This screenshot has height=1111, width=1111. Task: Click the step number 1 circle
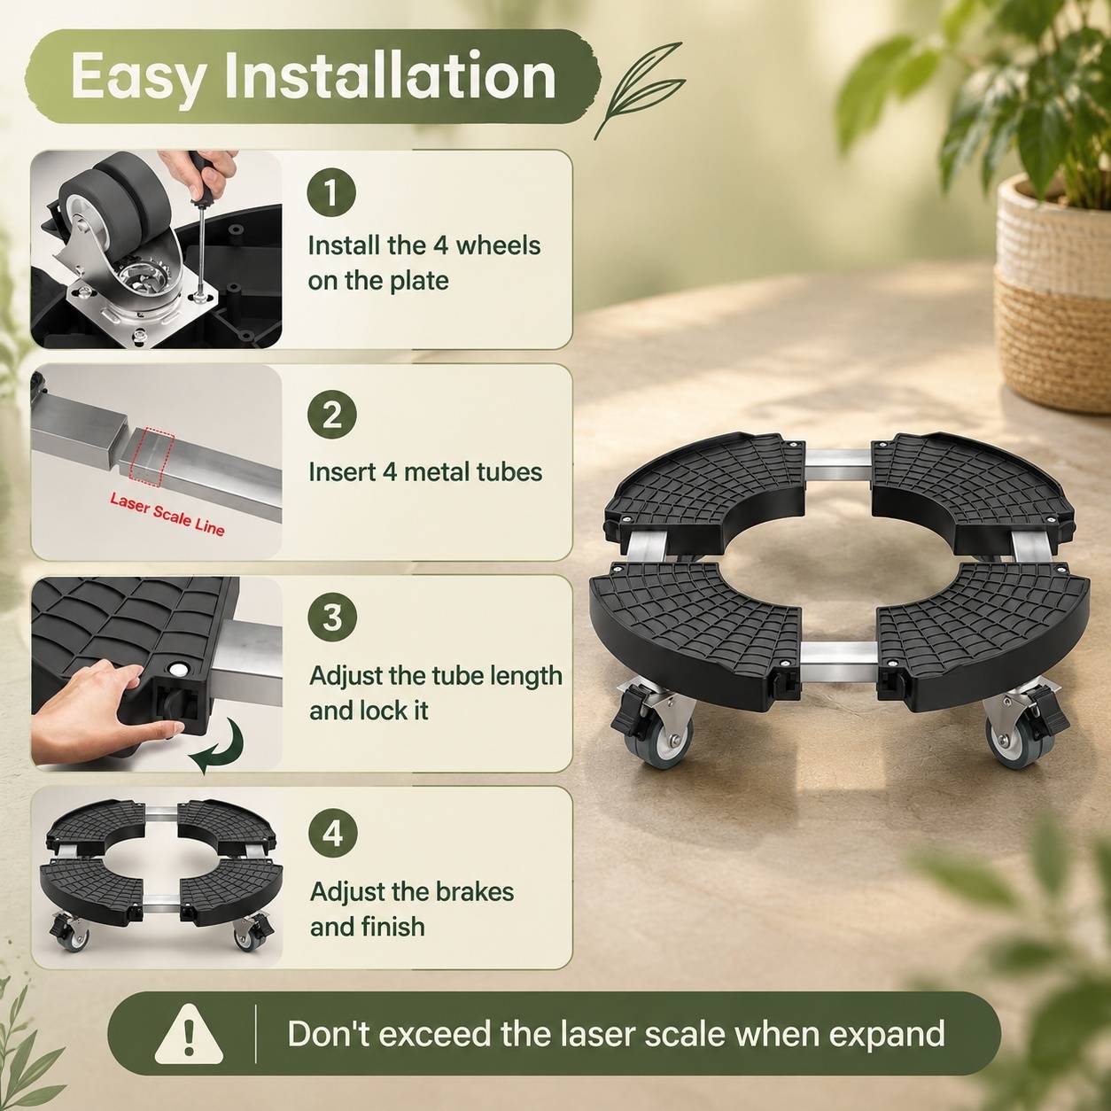tap(331, 192)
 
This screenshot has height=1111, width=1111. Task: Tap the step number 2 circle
tap(331, 415)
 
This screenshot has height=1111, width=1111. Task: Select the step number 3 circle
tap(332, 617)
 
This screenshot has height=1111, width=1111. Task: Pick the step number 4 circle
tap(332, 835)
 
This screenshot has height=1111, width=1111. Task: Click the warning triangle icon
tap(189, 1034)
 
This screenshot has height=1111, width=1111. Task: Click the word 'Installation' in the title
tap(391, 76)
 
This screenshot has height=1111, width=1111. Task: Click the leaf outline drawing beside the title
tap(639, 91)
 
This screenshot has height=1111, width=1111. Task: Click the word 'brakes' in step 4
tap(475, 891)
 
